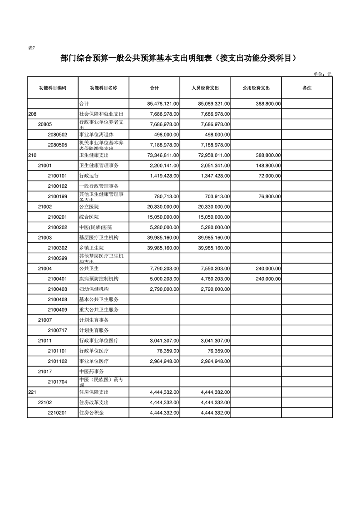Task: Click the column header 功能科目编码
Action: tap(52, 88)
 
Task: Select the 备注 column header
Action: tap(307, 88)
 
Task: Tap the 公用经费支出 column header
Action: tap(256, 88)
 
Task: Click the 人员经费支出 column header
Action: tap(205, 88)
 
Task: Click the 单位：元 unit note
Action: tap(322, 73)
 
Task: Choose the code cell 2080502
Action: tap(58, 135)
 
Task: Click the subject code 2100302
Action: tap(58, 248)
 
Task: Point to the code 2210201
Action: tap(58, 412)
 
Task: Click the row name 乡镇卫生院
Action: tap(92, 248)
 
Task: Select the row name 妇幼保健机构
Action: tap(94, 289)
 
